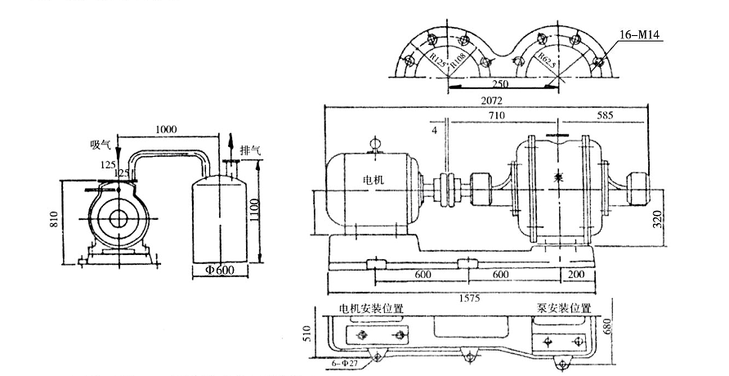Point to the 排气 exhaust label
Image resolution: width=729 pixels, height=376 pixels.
(251, 150)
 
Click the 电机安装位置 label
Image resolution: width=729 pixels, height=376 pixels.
(372, 308)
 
